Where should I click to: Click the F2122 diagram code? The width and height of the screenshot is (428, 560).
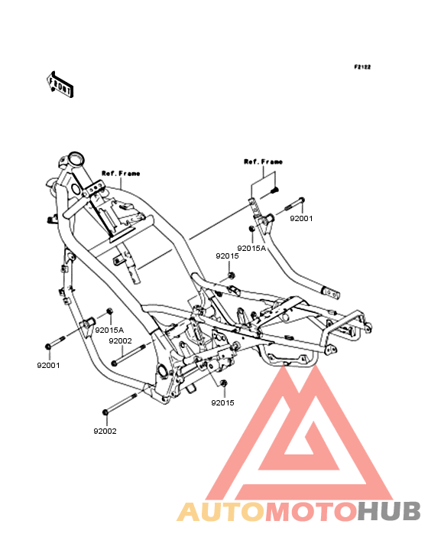coord(362,67)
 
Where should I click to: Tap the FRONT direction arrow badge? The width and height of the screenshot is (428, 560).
coord(60,85)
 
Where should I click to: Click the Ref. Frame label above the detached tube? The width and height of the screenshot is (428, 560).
coord(263,161)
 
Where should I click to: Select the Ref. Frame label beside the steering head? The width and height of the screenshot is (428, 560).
coord(121,174)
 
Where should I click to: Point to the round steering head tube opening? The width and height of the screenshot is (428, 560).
coord(76,158)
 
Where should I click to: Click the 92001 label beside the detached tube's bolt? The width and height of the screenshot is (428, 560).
coord(301,219)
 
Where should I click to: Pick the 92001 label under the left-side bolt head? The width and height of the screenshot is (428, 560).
coord(48,366)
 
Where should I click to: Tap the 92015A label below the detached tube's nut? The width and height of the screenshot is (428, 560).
coord(251,248)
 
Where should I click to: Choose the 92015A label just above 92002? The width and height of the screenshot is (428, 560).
coord(109,330)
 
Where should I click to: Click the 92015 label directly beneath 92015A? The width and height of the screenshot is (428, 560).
coord(227,256)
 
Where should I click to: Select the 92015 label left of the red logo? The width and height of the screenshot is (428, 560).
coord(222,403)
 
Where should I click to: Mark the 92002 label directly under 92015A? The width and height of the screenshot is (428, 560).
coord(120,341)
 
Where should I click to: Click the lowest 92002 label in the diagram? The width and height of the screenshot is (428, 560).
coord(105,431)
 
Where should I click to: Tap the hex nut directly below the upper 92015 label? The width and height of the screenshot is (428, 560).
coord(231,275)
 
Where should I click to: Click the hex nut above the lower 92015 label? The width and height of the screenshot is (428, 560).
coord(224,383)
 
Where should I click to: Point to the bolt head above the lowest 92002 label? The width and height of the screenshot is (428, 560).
coord(105,412)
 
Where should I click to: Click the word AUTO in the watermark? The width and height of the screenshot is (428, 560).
coord(221,512)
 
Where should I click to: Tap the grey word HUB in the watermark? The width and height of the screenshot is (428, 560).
coord(389,512)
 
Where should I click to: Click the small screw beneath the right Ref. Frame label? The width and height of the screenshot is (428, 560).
coord(275,191)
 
